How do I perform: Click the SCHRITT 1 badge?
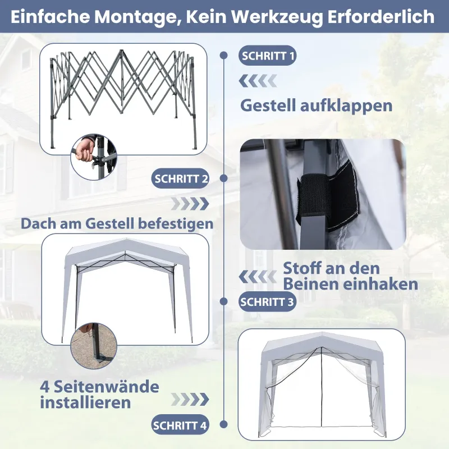[x=268, y=56]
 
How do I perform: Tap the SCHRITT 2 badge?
[x=180, y=178]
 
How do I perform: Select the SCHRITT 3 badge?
[x=268, y=301]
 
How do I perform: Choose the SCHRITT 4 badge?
[x=180, y=425]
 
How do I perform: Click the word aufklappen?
[x=346, y=106]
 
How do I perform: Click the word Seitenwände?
[x=107, y=387]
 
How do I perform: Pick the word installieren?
[x=85, y=402]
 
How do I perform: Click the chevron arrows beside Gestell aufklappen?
[x=258, y=81]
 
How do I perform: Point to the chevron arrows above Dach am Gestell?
[x=190, y=204]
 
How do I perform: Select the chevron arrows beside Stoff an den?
[x=258, y=277]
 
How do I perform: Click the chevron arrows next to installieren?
[x=190, y=400]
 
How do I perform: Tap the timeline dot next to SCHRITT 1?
[x=224, y=55]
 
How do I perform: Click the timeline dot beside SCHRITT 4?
[x=224, y=424]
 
